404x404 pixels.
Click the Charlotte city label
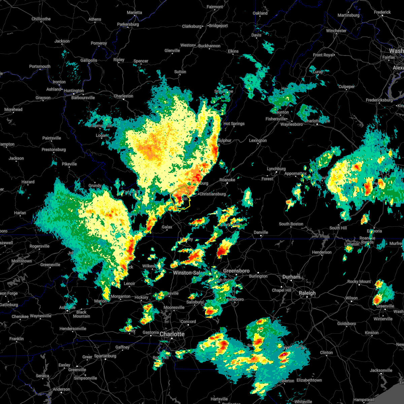[172, 334]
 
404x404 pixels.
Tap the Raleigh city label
[307, 293]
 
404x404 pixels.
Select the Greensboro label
[236, 271]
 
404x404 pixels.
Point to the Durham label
[291, 277]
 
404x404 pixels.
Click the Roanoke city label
[227, 180]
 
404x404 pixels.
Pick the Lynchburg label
[276, 169]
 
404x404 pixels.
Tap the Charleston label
[123, 96]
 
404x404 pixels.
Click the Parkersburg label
[128, 24]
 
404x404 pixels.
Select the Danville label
[261, 232]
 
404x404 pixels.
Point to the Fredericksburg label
[379, 100]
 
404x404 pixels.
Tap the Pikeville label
[69, 164]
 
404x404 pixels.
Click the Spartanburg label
[105, 356]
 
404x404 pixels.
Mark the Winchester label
[336, 31]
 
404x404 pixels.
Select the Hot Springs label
[234, 124]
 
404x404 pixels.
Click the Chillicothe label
[41, 19]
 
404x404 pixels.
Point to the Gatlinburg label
[9, 305]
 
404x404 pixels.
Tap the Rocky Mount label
[359, 281]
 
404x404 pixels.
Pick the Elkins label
[233, 51]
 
